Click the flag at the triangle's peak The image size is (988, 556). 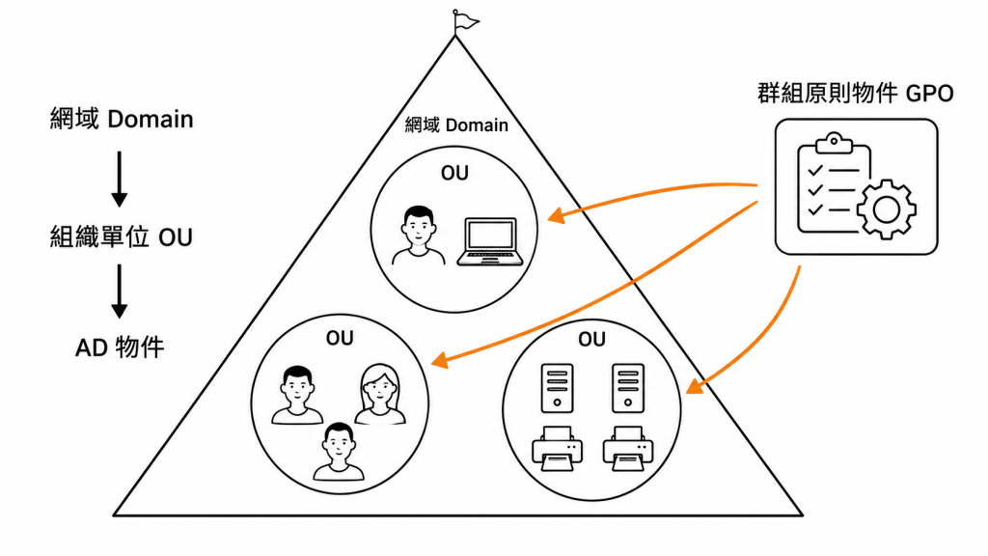[465, 21]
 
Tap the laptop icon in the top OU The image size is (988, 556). [490, 241]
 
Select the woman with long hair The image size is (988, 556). [380, 395]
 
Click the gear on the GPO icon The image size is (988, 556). [886, 209]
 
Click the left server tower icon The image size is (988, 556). [557, 388]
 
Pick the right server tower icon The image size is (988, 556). [627, 388]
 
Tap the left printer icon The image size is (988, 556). [557, 448]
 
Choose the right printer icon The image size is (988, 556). [627, 448]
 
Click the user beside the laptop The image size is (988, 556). [419, 236]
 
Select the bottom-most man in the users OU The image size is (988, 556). [339, 452]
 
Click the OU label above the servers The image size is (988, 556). [591, 340]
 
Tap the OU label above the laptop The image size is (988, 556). [455, 174]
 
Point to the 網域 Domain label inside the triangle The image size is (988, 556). [456, 125]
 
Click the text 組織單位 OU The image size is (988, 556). [121, 237]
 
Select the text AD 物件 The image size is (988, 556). [120, 347]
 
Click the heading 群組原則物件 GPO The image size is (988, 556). [856, 94]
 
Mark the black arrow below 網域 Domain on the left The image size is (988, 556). [119, 179]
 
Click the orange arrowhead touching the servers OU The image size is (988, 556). [695, 385]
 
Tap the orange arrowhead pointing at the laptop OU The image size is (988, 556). [557, 214]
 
